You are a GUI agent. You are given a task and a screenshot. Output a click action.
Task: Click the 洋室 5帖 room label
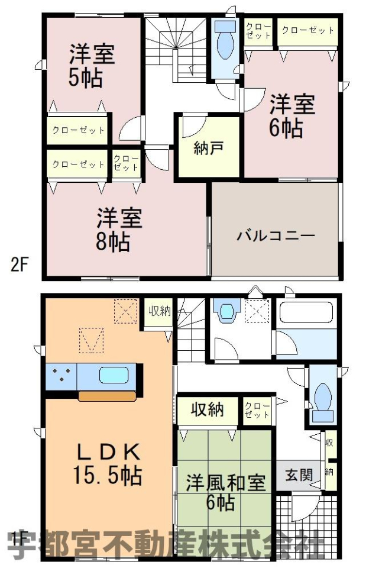[x=92, y=66]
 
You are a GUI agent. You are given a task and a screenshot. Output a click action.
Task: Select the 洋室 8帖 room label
[x=119, y=230]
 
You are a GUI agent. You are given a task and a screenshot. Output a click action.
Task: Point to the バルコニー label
[x=276, y=236]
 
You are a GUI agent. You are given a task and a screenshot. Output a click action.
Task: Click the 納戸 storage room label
[x=209, y=148]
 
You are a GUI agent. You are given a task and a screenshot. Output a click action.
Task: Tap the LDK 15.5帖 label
[x=108, y=464]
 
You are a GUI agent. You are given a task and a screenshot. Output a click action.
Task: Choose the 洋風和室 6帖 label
[x=225, y=492]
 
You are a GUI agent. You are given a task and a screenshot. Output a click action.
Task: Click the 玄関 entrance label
[x=299, y=475]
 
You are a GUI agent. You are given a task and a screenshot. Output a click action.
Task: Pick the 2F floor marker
[x=19, y=265]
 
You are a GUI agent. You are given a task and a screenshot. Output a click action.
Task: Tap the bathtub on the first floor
[x=306, y=312]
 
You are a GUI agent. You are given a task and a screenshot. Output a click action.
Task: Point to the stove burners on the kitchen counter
[x=61, y=375]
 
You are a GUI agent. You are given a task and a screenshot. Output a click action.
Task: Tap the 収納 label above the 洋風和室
[x=208, y=409]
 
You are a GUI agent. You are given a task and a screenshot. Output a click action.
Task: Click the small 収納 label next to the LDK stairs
[x=159, y=311]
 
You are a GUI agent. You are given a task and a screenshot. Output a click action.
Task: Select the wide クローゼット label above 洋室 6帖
[x=307, y=30]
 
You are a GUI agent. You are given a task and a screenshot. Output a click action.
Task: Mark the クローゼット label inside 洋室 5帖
[x=78, y=130]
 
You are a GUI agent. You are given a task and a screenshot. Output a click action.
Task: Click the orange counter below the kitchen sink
[x=107, y=396]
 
